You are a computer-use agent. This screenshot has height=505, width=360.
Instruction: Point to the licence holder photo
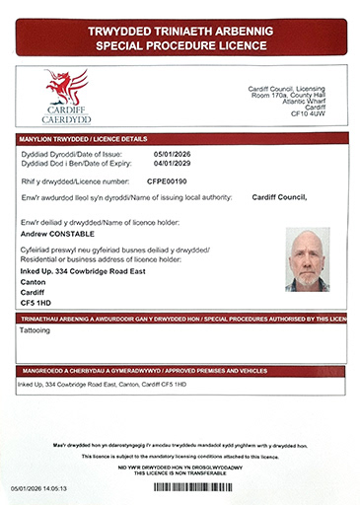click(x=307, y=260)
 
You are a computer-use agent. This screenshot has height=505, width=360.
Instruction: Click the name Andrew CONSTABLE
click(x=60, y=235)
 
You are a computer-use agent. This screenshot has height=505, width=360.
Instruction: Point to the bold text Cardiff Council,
click(x=280, y=197)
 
